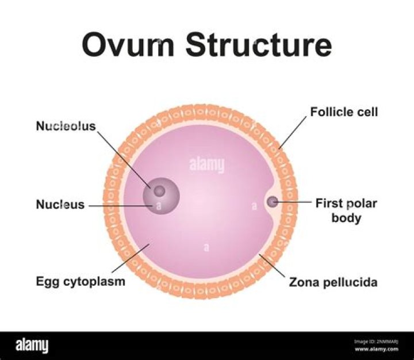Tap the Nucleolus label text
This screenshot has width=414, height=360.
[x=66, y=126]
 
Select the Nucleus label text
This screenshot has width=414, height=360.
[x=60, y=204]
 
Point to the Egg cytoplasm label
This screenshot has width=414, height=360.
[x=80, y=282]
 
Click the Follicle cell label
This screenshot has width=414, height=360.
[x=344, y=112]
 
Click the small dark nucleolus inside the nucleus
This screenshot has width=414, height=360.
[x=159, y=190]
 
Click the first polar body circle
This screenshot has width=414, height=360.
[x=272, y=202]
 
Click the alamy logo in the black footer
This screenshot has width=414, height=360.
[x=32, y=346]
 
